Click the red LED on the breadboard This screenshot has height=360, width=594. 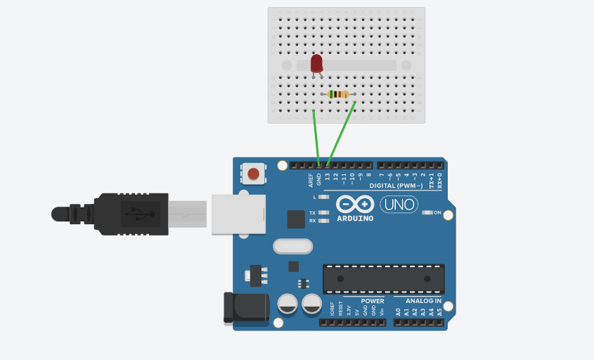click(x=316, y=63)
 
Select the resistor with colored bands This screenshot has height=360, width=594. click(x=339, y=94)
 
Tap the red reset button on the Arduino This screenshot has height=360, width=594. click(x=254, y=173)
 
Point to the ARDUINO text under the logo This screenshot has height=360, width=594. click(x=354, y=218)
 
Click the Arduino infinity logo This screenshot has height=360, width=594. click(x=354, y=205)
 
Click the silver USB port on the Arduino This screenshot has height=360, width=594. click(x=238, y=214)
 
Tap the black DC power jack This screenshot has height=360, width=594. click(x=245, y=307)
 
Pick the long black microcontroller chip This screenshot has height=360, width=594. click(x=383, y=278)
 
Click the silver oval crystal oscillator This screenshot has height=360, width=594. click(x=292, y=245)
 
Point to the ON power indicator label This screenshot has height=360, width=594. click(x=437, y=212)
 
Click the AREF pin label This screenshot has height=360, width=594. click(x=311, y=181)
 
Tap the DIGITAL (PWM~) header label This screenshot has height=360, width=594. click(x=396, y=186)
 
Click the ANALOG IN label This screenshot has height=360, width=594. click(x=423, y=301)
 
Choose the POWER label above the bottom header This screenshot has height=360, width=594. click(x=373, y=301)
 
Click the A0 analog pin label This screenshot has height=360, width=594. click(x=398, y=311)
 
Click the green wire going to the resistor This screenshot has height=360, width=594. click(x=342, y=133)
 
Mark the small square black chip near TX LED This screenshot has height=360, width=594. click(x=296, y=219)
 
